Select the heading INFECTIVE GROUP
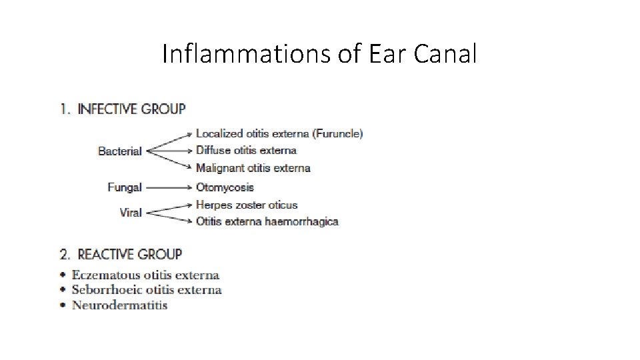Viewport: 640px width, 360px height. (131, 109)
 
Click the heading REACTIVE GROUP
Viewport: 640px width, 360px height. (129, 254)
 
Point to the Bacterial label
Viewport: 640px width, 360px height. (120, 151)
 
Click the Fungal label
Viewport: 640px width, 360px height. (125, 187)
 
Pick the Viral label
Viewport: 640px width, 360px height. (131, 213)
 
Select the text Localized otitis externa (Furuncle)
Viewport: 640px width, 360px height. (279, 133)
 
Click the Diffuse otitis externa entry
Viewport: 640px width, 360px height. (246, 151)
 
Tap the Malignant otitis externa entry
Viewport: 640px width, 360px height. (253, 168)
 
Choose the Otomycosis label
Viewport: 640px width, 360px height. (225, 187)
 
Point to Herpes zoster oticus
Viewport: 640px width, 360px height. (247, 205)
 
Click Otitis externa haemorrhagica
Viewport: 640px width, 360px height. (267, 221)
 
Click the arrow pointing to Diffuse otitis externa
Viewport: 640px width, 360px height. (169, 151)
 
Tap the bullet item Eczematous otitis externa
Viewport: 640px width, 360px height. (145, 275)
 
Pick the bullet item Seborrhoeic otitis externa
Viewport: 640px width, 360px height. (147, 290)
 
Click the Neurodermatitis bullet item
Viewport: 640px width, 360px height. (119, 305)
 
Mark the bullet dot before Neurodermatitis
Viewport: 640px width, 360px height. (63, 305)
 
